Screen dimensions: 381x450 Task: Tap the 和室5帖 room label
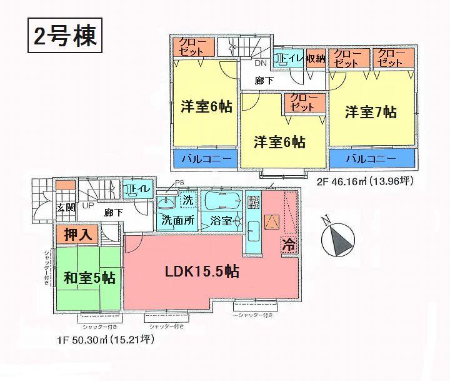click(88, 277)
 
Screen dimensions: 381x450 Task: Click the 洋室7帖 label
click(371, 113)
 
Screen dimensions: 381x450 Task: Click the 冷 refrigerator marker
click(289, 244)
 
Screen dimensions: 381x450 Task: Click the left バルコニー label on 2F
click(206, 160)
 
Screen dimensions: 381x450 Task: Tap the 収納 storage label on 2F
click(316, 58)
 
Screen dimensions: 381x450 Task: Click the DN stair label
click(260, 63)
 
